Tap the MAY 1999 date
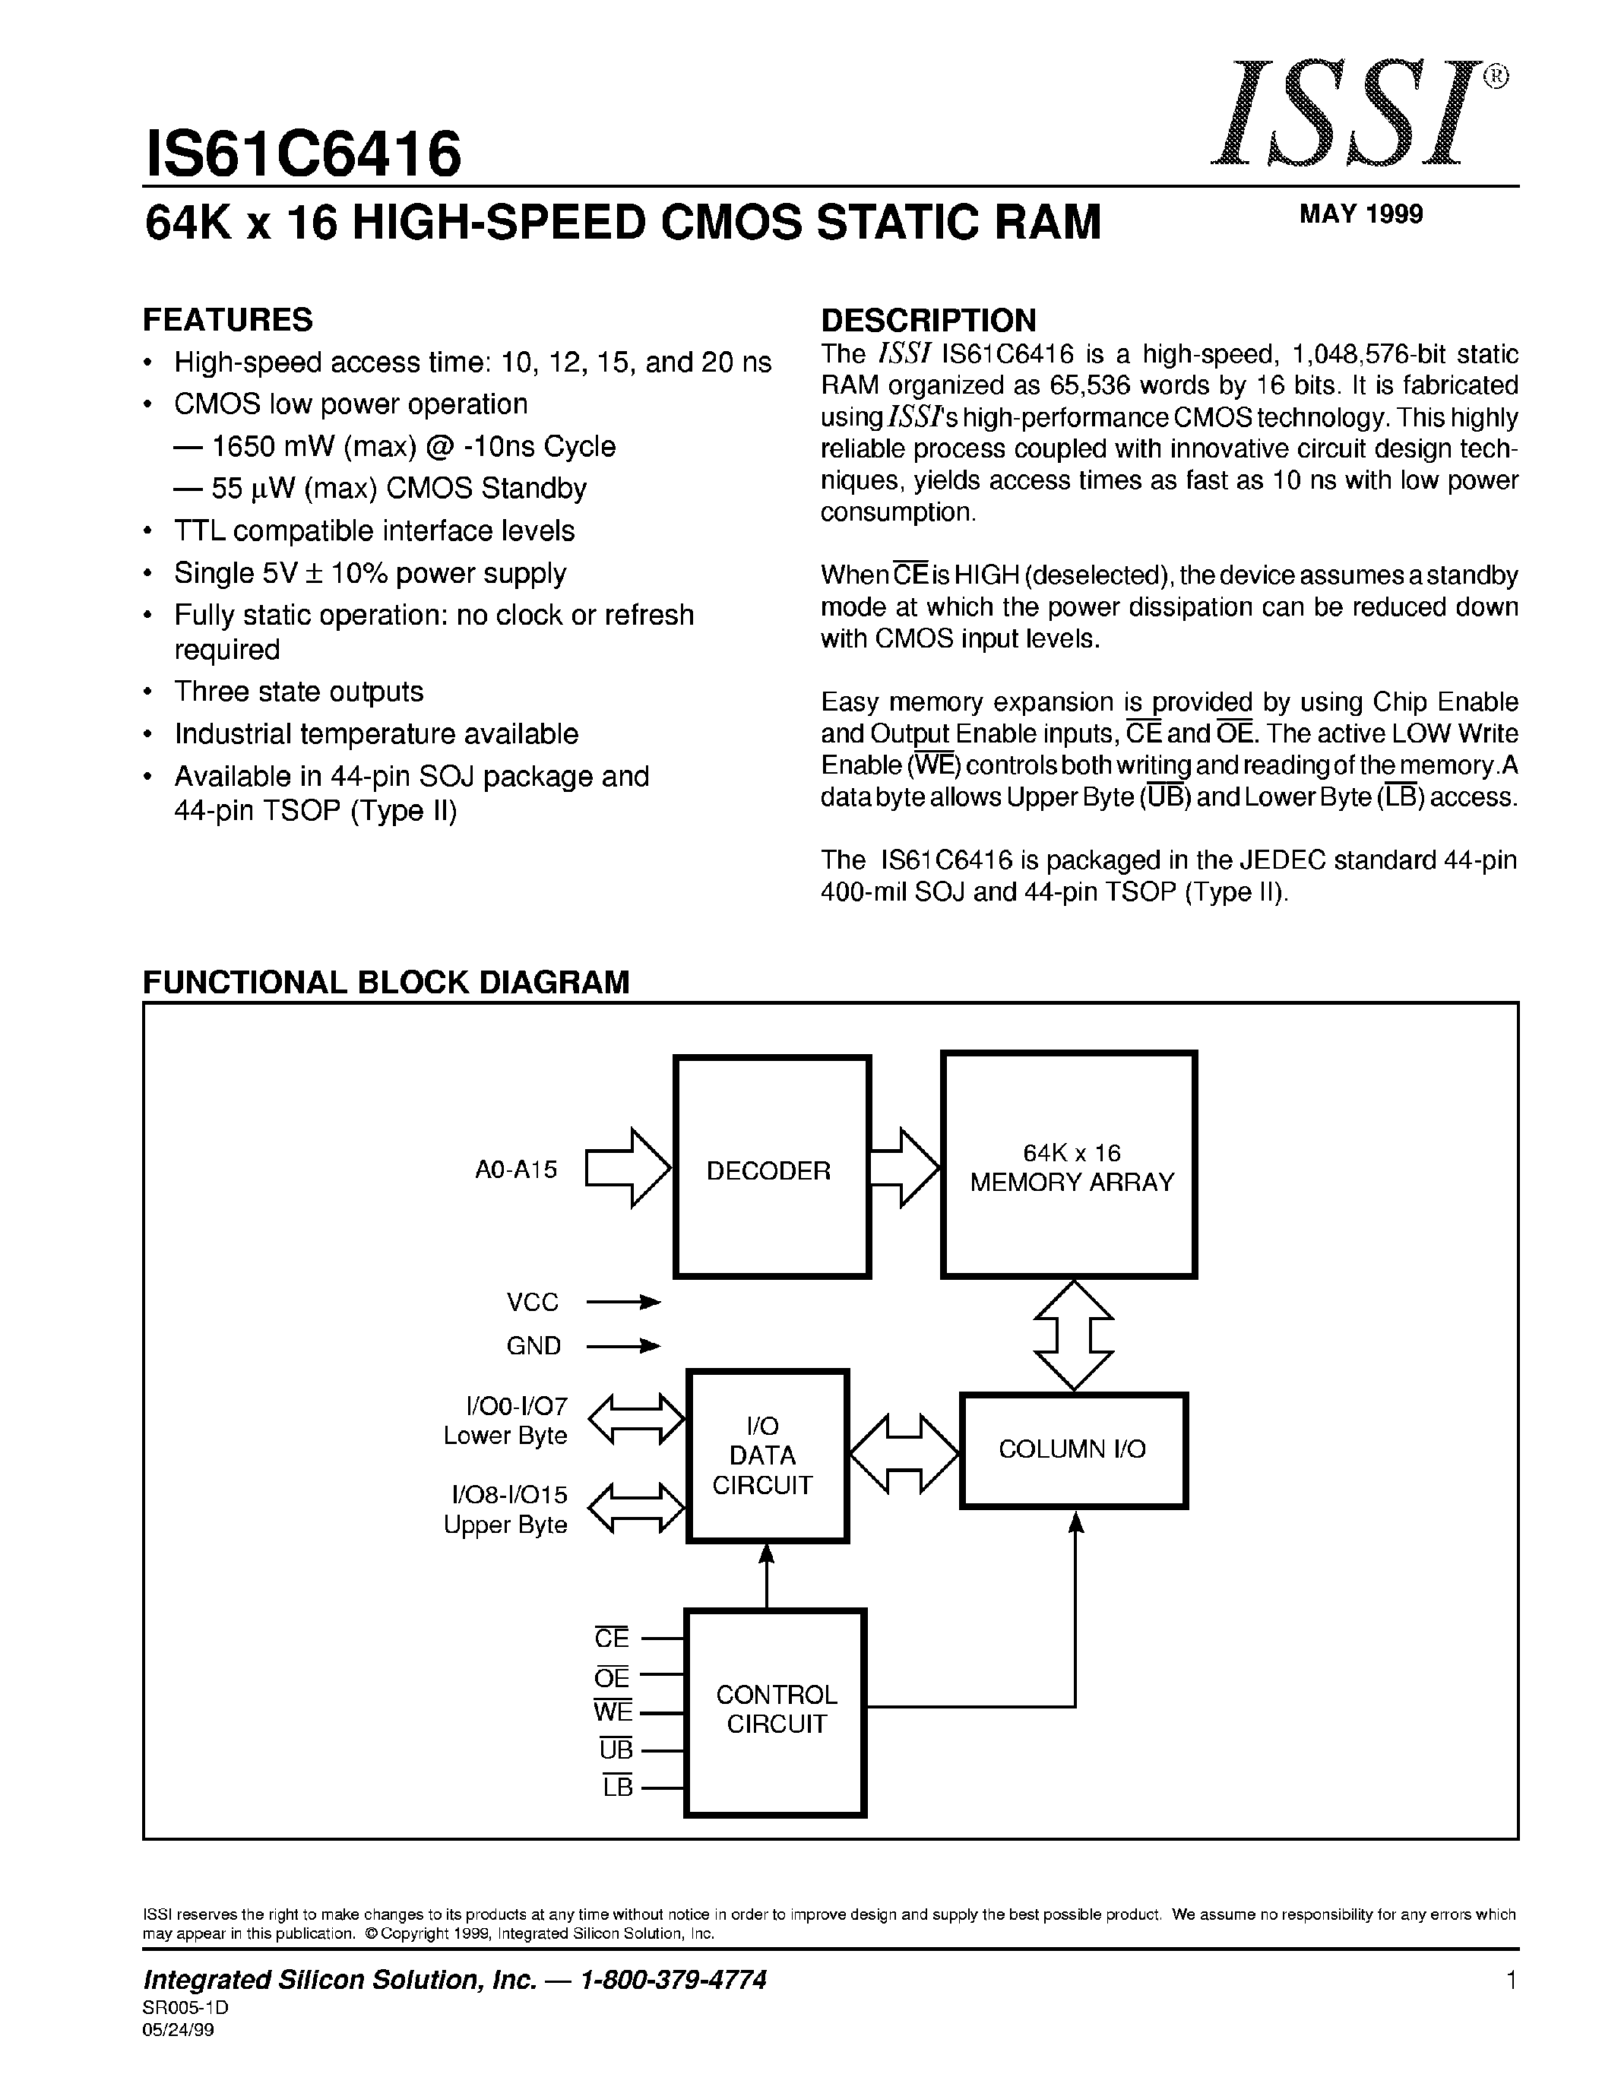(1361, 214)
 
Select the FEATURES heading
(228, 320)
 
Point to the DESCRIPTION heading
(928, 320)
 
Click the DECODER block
(771, 1167)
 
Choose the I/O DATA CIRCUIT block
(767, 1455)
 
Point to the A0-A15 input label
(516, 1170)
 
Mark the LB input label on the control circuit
(617, 1787)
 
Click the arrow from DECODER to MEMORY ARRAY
(904, 1167)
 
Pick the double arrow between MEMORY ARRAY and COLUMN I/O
(1074, 1335)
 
